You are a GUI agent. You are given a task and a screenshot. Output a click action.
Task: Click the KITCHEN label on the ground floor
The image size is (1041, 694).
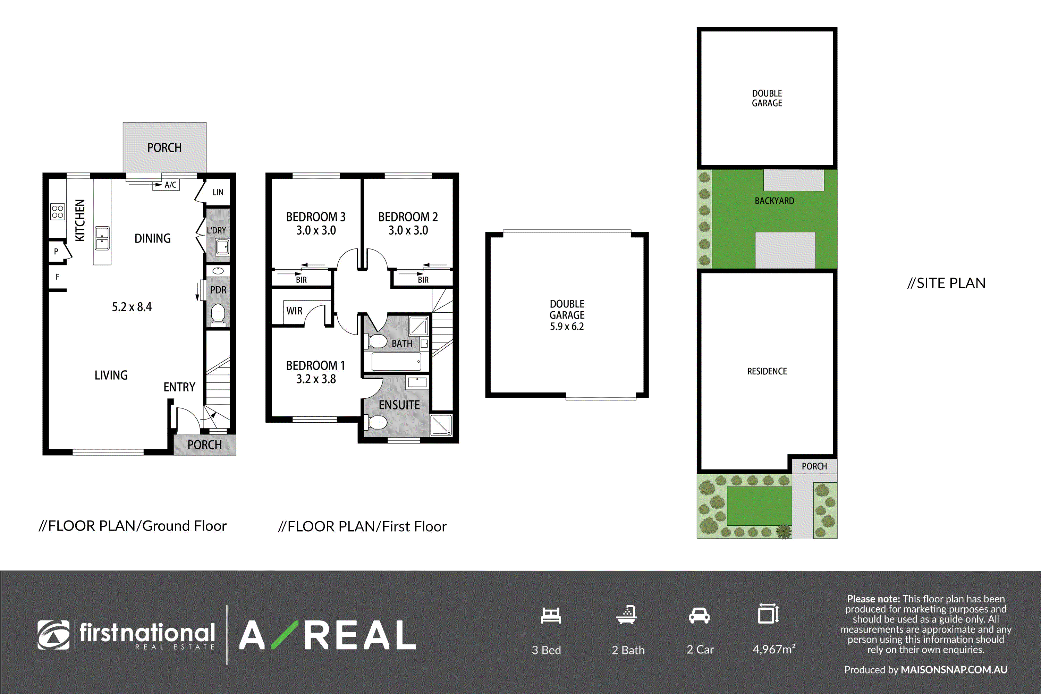point(80,220)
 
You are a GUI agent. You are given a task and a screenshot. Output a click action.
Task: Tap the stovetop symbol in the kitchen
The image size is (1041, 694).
point(58,212)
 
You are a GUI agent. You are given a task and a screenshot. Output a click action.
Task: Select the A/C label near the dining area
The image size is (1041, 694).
point(170,185)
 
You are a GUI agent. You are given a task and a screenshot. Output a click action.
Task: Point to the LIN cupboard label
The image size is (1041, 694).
point(218,193)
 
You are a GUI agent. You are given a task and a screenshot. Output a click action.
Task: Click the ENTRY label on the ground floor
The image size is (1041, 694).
point(179,387)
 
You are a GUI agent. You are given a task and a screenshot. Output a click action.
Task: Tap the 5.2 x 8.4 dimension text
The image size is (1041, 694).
point(132,307)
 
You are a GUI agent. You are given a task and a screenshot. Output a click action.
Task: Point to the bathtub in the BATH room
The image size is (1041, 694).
point(396,362)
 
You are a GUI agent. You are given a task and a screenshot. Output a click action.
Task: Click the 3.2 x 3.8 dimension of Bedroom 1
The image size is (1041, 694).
point(316,379)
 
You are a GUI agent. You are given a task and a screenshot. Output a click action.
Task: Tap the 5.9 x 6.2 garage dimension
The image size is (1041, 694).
point(567,327)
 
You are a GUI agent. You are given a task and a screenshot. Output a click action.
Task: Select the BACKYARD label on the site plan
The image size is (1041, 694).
point(775,201)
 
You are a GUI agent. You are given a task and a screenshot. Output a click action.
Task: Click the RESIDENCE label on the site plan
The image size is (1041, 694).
point(767,371)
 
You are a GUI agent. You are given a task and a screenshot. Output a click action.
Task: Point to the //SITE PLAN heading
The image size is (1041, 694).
point(947,283)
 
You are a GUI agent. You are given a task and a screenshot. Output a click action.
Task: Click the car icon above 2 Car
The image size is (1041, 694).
point(699,616)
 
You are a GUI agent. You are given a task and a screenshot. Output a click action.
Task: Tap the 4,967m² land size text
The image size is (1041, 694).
point(774,649)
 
